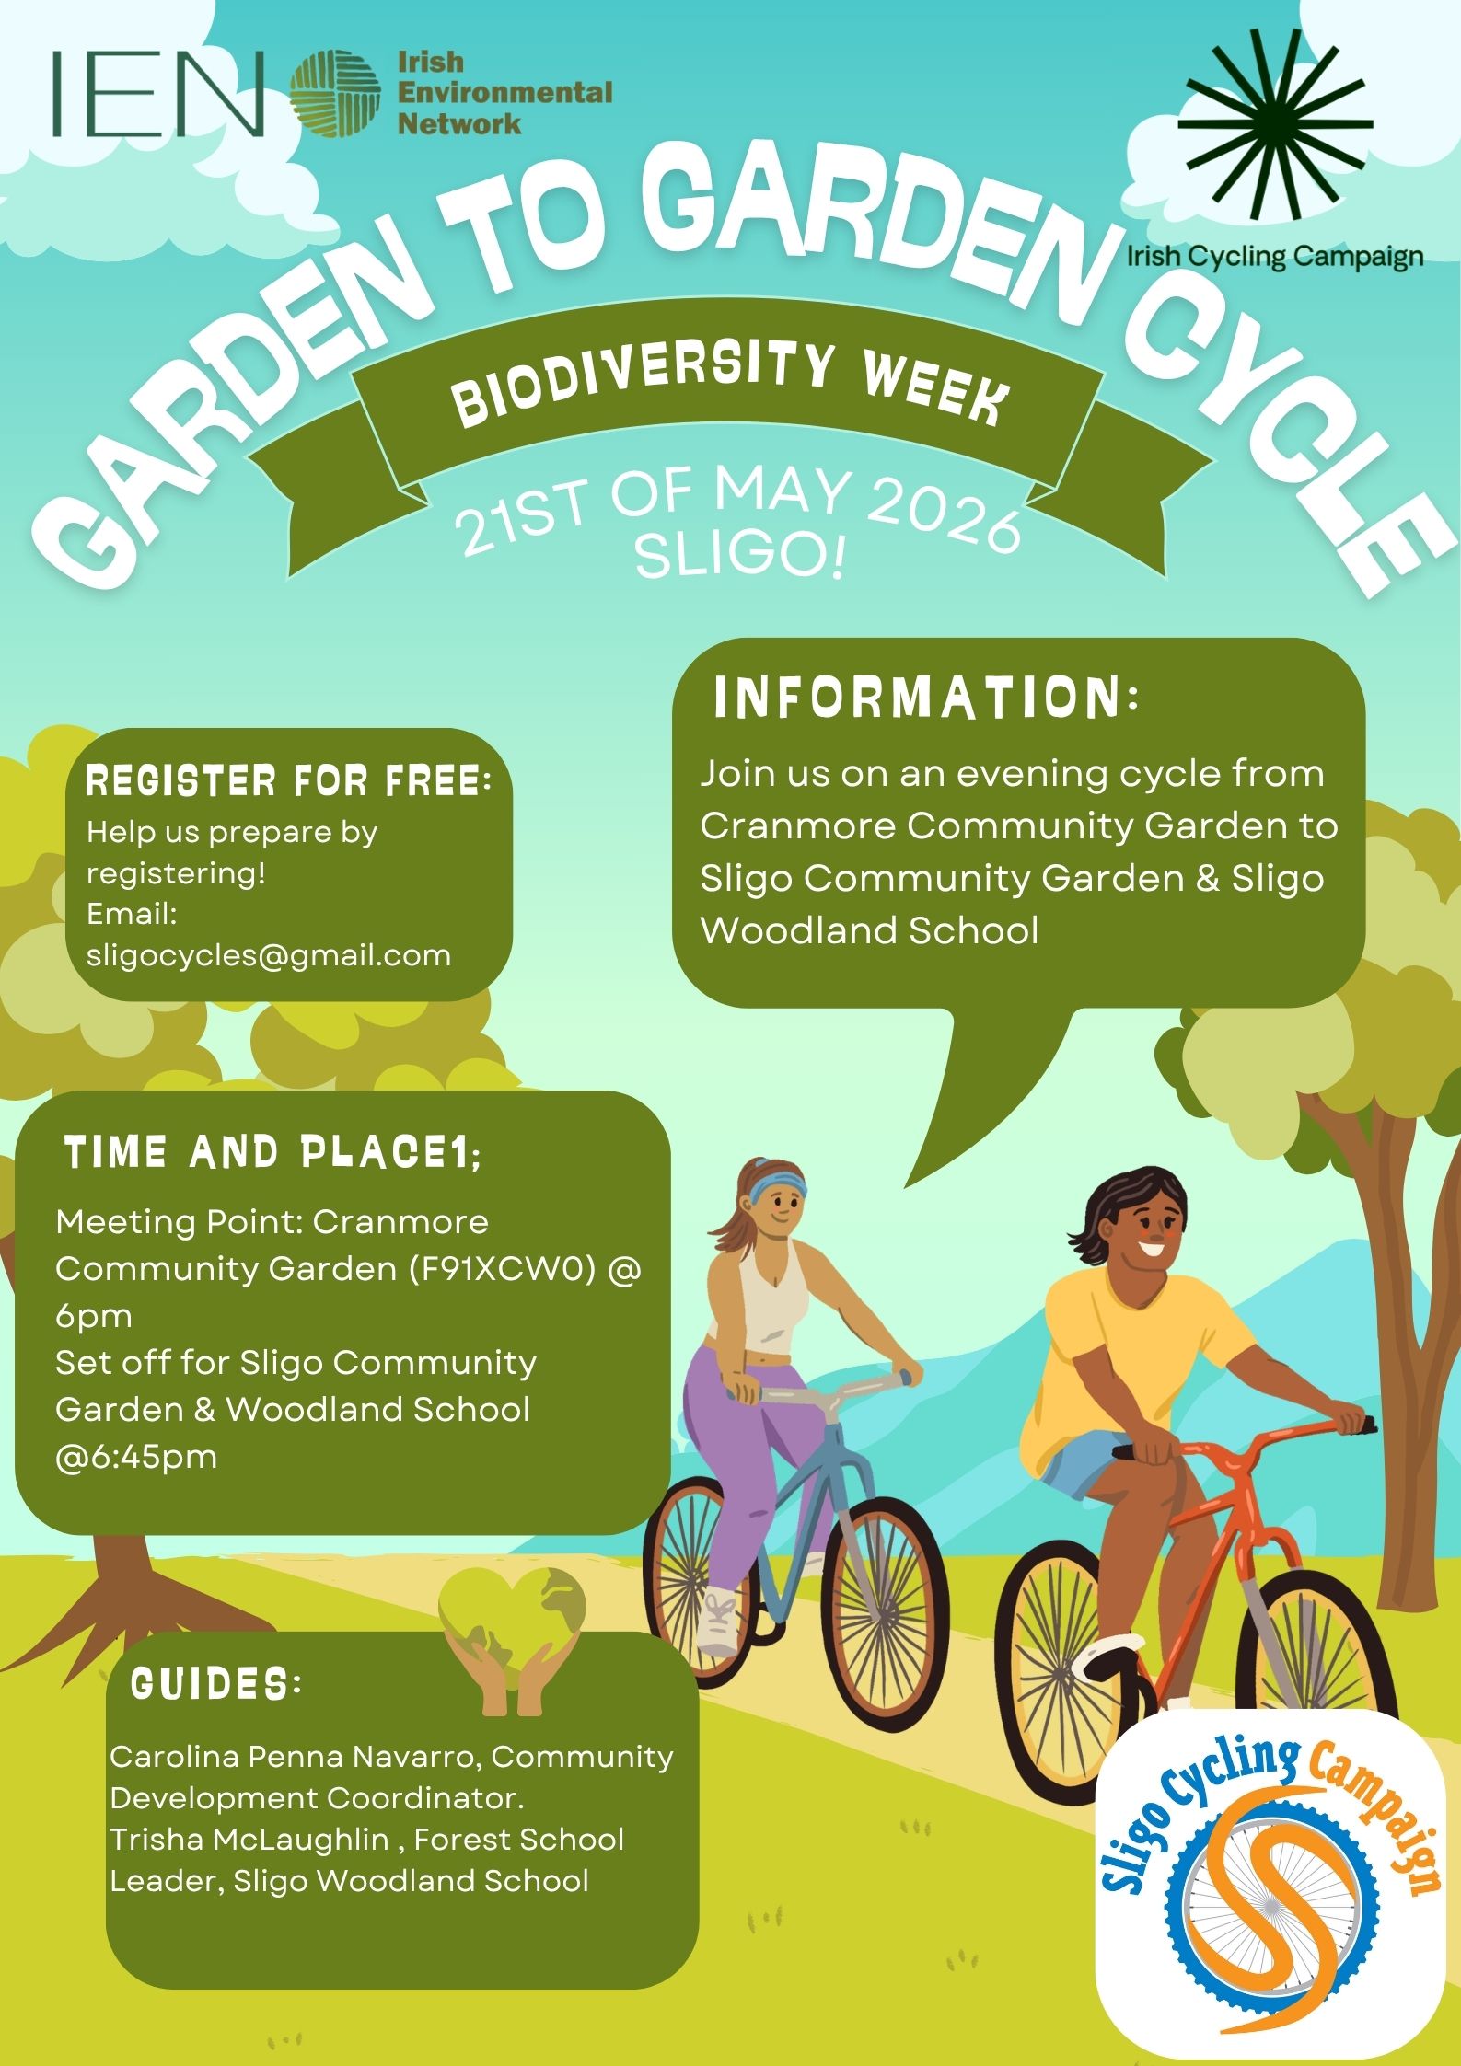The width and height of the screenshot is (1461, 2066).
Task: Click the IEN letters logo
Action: [x=157, y=93]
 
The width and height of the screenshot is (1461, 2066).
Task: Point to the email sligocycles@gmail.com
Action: [x=269, y=955]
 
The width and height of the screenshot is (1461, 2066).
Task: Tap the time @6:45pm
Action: [x=136, y=1457]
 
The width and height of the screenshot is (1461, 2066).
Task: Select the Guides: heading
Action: [x=216, y=1684]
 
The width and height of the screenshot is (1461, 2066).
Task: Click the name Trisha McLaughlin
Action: [x=249, y=1840]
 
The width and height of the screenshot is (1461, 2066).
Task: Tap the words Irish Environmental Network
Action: [x=503, y=93]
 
